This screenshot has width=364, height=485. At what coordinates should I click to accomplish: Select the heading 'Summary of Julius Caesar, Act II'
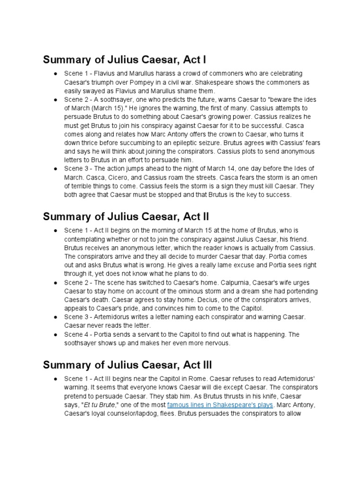tap(126, 216)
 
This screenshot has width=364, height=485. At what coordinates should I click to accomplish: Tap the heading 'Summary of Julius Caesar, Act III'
tap(127, 365)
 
